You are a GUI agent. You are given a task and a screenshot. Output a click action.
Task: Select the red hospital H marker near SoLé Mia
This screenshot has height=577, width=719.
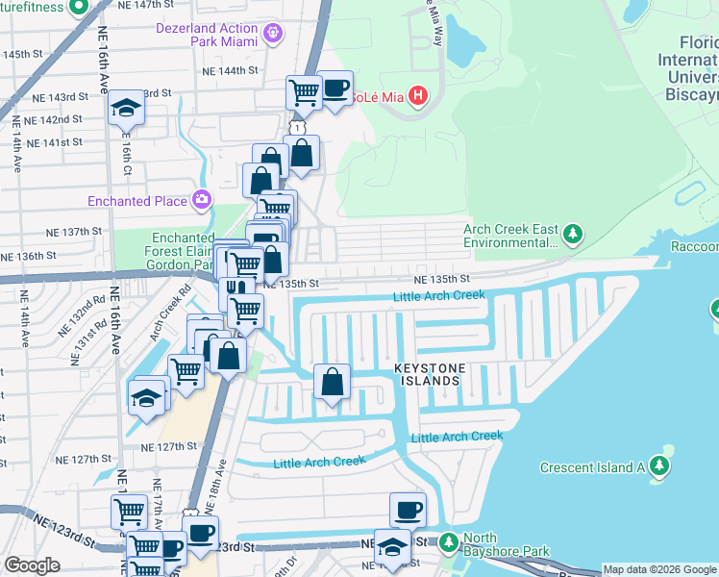pos(418,95)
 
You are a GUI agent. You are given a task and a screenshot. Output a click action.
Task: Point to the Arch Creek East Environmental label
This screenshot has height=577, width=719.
pos(508,237)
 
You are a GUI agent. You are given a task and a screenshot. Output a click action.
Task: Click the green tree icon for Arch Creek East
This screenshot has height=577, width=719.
pos(573,234)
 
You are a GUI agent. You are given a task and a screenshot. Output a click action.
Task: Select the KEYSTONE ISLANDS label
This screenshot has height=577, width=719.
pos(428,375)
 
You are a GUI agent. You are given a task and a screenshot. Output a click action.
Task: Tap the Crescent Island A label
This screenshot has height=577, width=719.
pos(592,468)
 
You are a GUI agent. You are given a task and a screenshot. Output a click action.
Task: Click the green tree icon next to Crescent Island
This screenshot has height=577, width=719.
pos(659,466)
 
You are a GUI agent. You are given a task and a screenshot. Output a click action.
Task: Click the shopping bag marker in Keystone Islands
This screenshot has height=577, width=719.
pos(332,381)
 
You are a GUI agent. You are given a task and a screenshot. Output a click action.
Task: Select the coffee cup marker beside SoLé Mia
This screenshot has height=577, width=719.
pos(335,89)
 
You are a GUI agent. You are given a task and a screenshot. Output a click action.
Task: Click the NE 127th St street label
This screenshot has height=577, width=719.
pos(168,447)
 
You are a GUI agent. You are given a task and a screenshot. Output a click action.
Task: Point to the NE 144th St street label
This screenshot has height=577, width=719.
pos(230,70)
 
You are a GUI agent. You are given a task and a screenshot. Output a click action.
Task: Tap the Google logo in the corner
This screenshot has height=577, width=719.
pos(32,565)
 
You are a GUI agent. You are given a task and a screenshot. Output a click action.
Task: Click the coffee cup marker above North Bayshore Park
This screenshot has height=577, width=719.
pos(408,510)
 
